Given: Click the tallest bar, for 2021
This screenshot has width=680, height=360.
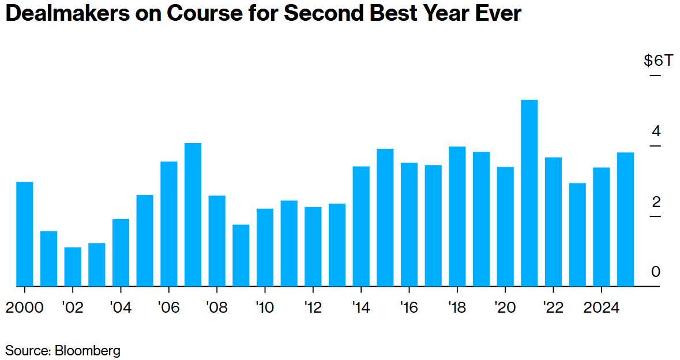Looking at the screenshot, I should pos(529,193).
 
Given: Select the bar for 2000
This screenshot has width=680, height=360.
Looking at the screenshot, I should pos(25,234).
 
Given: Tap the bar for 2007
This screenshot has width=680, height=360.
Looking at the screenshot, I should pos(193,214).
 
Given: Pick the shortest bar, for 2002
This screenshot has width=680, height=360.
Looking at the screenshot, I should pos(73,267).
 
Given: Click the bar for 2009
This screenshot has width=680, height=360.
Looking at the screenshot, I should pos(241,255).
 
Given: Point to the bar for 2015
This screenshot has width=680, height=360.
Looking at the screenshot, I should pos(385,217).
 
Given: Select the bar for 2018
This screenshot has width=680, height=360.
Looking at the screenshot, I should pos(457,216).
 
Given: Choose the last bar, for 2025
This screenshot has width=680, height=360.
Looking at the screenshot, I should pos(625,219).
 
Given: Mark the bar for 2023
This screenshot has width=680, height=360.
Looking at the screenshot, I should pos(577,234).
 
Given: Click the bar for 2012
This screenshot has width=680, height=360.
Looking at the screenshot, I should pos(313,246).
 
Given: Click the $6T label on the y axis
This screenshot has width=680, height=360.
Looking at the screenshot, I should pos(658,61).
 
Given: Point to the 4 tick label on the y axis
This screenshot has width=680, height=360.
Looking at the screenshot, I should pos(656,132).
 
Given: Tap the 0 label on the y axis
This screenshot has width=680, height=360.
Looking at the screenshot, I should pos(656,272).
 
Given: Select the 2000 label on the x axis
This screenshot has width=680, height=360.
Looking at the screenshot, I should pos(25,307).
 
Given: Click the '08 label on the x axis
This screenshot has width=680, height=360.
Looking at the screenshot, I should pos(216,307).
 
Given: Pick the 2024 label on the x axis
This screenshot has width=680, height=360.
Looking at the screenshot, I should pos(600,307).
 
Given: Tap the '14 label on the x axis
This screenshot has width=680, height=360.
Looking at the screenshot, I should pos(360,307).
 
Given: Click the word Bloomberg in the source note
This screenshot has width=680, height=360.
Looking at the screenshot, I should pos(87,350).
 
